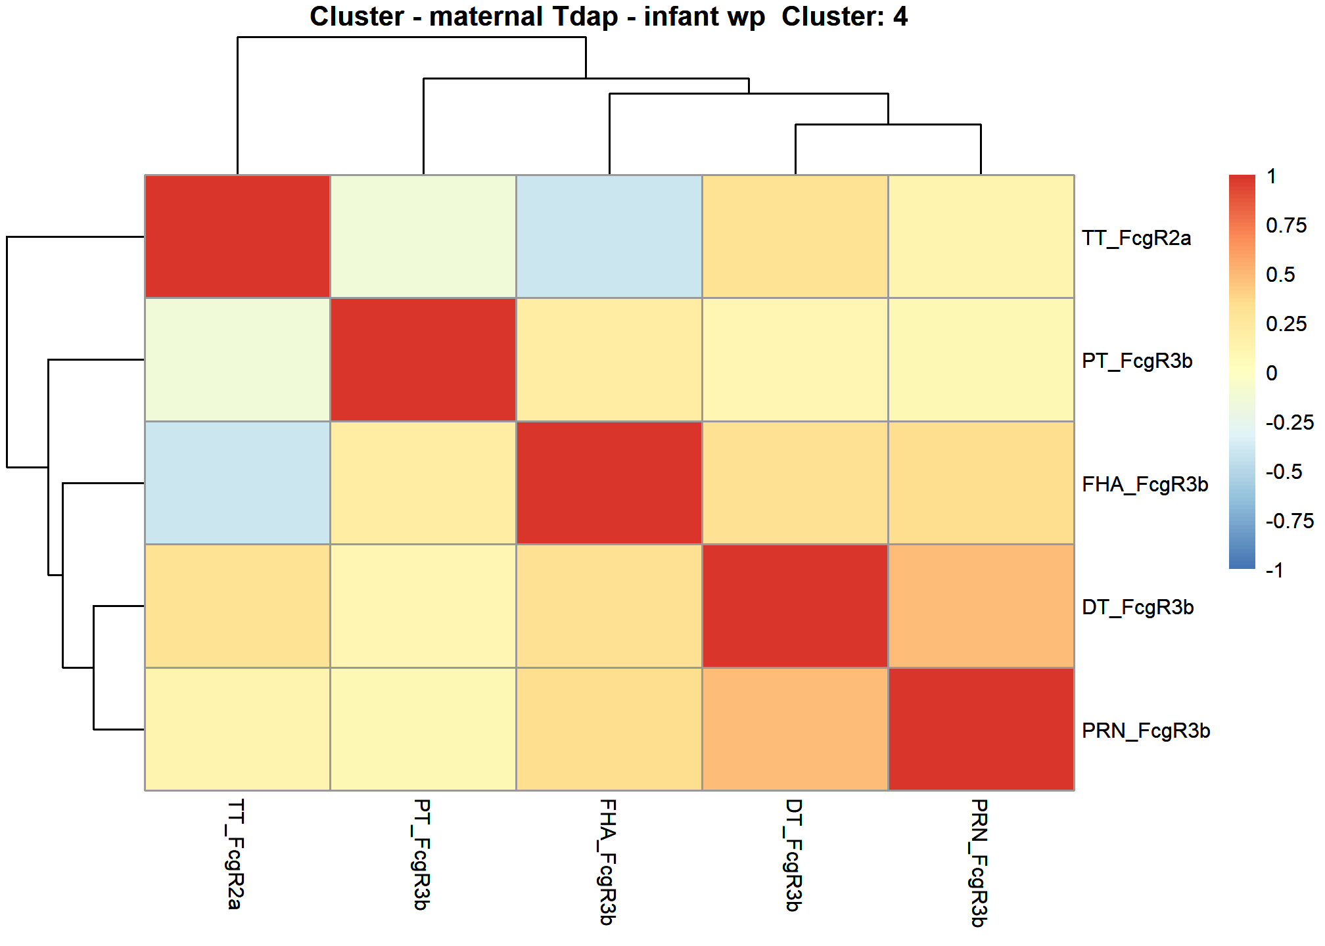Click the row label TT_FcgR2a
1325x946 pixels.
1136,238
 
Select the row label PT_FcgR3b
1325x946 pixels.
1137,361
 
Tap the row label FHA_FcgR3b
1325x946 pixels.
1145,484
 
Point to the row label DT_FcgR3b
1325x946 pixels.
1138,607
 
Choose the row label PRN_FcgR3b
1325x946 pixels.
1146,731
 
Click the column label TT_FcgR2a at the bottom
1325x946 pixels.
235,854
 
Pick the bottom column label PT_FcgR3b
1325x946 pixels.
421,855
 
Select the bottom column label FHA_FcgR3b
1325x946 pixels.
607,862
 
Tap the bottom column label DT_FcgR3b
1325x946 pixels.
793,855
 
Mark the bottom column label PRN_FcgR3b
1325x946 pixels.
979,863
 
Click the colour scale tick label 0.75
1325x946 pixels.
1286,225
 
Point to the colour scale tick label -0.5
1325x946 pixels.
1284,472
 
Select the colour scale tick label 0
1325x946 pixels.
1272,373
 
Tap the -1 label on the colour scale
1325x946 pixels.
1275,570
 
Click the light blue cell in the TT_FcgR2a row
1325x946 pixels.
609,236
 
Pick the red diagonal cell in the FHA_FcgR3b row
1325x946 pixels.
609,483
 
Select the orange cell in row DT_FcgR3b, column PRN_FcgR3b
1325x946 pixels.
981,606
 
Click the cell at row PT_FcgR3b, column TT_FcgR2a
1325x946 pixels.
237,359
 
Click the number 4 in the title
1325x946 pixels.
900,16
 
